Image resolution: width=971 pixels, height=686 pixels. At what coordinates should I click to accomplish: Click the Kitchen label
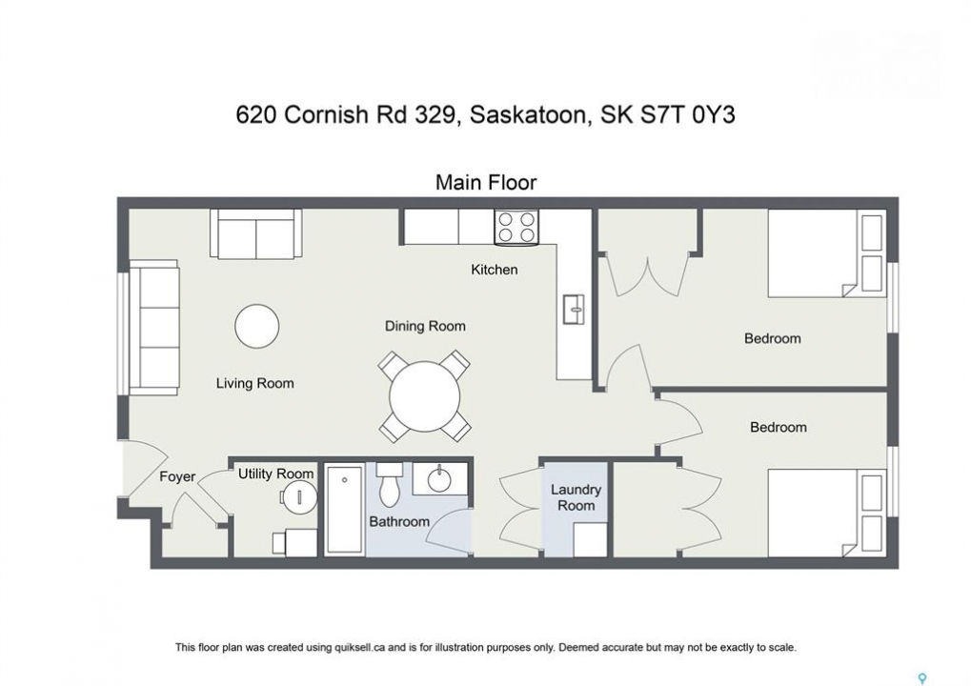click(x=494, y=270)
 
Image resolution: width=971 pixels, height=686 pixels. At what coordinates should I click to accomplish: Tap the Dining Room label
click(x=425, y=326)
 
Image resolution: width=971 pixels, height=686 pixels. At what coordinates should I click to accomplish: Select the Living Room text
click(x=254, y=383)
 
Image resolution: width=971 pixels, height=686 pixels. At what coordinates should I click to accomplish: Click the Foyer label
click(x=177, y=476)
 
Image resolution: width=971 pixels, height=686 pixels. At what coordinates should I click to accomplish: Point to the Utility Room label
click(x=275, y=474)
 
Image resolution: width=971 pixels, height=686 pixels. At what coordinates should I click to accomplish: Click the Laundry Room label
click(x=576, y=497)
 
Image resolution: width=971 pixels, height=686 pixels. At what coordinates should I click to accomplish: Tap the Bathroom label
click(x=399, y=521)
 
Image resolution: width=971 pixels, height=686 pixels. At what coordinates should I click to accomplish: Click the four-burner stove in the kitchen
click(x=516, y=227)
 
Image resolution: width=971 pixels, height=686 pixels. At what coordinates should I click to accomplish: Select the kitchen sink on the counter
click(x=574, y=309)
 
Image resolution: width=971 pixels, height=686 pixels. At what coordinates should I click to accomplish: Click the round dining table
click(x=425, y=397)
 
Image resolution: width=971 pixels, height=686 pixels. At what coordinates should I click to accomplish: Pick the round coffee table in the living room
click(x=257, y=326)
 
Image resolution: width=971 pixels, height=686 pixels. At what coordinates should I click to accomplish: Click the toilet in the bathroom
click(x=390, y=483)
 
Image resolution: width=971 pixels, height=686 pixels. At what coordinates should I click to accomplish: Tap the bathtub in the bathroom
click(x=344, y=509)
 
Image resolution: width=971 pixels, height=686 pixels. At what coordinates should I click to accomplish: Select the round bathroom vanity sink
click(x=439, y=479)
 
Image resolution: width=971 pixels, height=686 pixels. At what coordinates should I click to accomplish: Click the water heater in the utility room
click(x=299, y=496)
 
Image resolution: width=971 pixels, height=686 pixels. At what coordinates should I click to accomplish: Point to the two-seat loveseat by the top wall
click(x=255, y=233)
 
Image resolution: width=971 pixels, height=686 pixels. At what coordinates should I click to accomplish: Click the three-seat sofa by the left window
click(x=154, y=327)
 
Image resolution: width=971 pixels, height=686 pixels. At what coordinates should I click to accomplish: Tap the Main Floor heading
click(x=486, y=182)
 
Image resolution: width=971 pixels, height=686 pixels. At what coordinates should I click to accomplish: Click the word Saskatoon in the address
click(x=528, y=115)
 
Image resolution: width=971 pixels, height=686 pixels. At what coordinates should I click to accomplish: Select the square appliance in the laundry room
click(x=590, y=540)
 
